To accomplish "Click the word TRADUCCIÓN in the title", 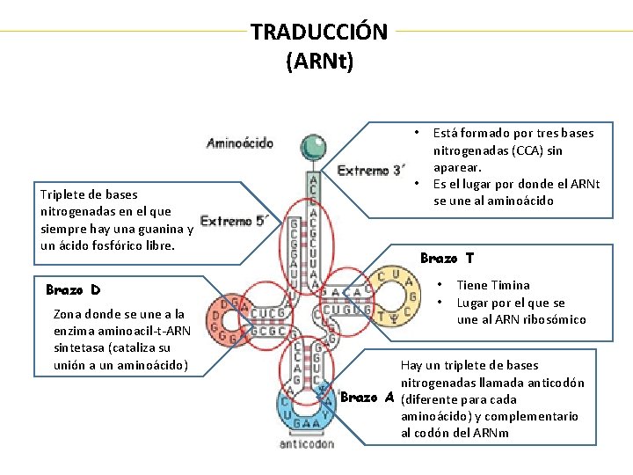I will click(x=318, y=32).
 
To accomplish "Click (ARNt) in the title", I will click(x=319, y=61).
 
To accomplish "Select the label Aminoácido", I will click(x=240, y=142).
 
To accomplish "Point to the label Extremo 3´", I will click(x=372, y=170).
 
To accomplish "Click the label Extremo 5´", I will click(x=233, y=222).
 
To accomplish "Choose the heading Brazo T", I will click(x=447, y=258).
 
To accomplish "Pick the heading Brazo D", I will click(x=73, y=289).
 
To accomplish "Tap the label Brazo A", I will click(x=367, y=397).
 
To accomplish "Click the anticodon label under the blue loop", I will click(x=306, y=444).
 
